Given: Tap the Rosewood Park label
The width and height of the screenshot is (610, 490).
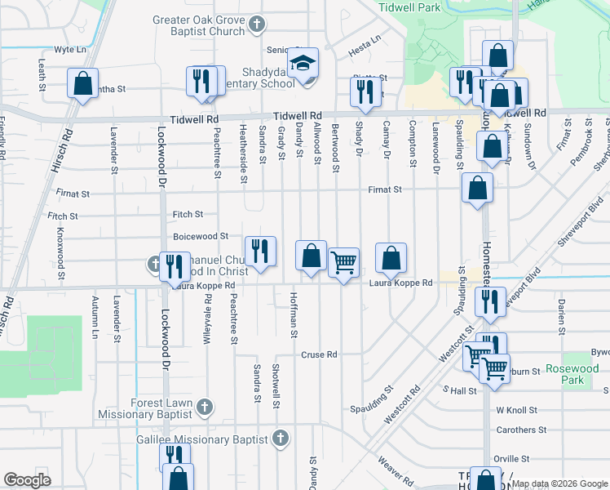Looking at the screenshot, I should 572,374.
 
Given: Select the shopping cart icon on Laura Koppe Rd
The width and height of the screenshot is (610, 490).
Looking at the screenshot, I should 344,262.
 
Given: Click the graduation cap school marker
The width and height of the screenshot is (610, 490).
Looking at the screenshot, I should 303,62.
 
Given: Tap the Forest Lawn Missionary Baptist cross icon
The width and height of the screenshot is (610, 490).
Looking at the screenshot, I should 204,406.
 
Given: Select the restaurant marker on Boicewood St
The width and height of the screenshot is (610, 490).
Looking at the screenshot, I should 260,251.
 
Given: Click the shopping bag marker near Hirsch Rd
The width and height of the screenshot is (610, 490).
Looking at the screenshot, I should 82,83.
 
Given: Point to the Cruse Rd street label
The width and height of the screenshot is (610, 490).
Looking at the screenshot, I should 319,355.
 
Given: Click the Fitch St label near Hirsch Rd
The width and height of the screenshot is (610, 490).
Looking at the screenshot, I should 62,216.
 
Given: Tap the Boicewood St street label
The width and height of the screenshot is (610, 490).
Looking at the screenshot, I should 201,236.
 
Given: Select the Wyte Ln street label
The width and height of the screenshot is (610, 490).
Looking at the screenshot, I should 70,49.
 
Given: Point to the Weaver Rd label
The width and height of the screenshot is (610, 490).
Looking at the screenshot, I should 395,468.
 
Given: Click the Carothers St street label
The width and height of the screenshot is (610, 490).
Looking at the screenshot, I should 520,430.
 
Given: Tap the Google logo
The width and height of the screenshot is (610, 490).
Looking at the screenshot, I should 27,480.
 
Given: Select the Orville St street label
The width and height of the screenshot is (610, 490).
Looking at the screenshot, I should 512,459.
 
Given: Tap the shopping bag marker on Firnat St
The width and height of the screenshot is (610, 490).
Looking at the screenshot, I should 477,187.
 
